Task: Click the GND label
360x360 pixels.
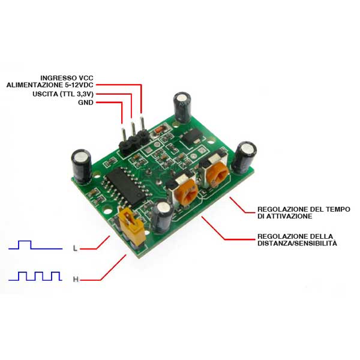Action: (86, 103)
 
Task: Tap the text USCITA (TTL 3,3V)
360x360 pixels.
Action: (63, 94)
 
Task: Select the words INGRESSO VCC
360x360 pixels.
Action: (67, 78)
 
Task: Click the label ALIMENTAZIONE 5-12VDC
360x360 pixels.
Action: (50, 85)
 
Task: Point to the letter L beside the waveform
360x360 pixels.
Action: (75, 248)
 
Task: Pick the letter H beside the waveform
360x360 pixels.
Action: (76, 280)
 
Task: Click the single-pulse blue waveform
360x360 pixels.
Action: (35, 245)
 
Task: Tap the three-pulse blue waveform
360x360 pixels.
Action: (35, 276)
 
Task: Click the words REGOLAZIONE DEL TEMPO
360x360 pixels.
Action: (304, 209)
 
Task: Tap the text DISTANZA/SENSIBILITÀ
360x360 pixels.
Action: (298, 243)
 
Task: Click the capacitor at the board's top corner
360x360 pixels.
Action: (183, 107)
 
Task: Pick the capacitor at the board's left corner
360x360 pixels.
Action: (82, 166)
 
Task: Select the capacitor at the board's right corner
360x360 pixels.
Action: (244, 157)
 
